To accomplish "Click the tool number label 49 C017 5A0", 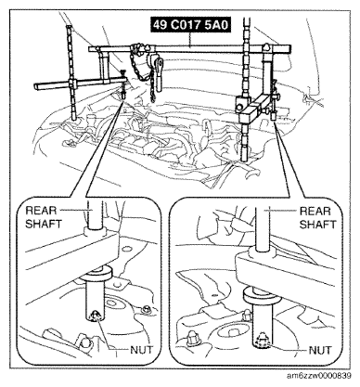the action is (x=191, y=25).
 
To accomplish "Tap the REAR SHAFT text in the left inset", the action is (x=44, y=217).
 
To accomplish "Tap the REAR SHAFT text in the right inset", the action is (x=317, y=217).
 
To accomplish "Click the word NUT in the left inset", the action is (x=141, y=350).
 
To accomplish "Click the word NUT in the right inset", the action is (x=320, y=350).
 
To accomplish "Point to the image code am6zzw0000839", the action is (x=319, y=376).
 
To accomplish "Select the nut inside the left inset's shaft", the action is (x=96, y=315).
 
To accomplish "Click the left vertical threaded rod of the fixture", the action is (x=71, y=73).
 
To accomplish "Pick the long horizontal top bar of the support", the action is (x=189, y=48).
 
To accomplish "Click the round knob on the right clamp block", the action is (x=239, y=107).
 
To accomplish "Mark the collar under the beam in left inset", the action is (x=96, y=274).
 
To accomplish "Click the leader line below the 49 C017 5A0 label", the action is (x=190, y=39).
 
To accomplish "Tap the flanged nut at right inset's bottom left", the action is (x=193, y=339).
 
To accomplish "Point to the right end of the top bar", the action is (x=290, y=48).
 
